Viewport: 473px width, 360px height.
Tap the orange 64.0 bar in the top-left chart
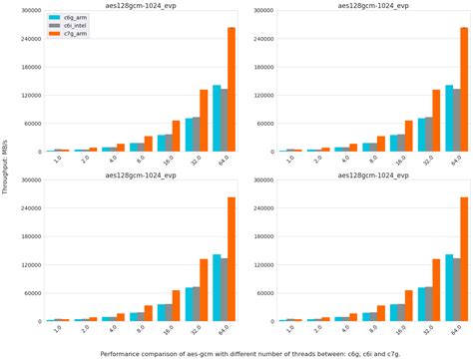232,90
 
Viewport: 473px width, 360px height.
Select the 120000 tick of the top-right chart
264,96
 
